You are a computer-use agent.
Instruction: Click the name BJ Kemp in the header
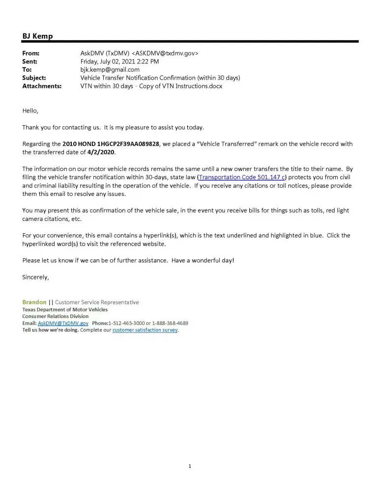[x=37, y=36]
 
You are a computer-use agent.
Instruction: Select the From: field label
[x=31, y=53]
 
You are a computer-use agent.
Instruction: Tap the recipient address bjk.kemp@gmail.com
[x=110, y=70]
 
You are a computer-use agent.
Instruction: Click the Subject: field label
[x=34, y=78]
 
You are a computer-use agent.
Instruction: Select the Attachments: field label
[x=42, y=86]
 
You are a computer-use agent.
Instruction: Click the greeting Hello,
[x=30, y=111]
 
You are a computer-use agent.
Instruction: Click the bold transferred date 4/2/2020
[x=101, y=152]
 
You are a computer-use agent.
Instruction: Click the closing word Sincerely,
[x=35, y=277]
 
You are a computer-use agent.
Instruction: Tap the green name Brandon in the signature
[x=34, y=302]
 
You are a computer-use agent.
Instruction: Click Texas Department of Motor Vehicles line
[x=65, y=309]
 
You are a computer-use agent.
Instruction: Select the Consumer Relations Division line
[x=56, y=316]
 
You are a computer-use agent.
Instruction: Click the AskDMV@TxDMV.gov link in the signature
[x=63, y=323]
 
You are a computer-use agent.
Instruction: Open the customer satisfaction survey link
[x=145, y=330]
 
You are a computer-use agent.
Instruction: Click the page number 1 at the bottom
[x=190, y=466]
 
